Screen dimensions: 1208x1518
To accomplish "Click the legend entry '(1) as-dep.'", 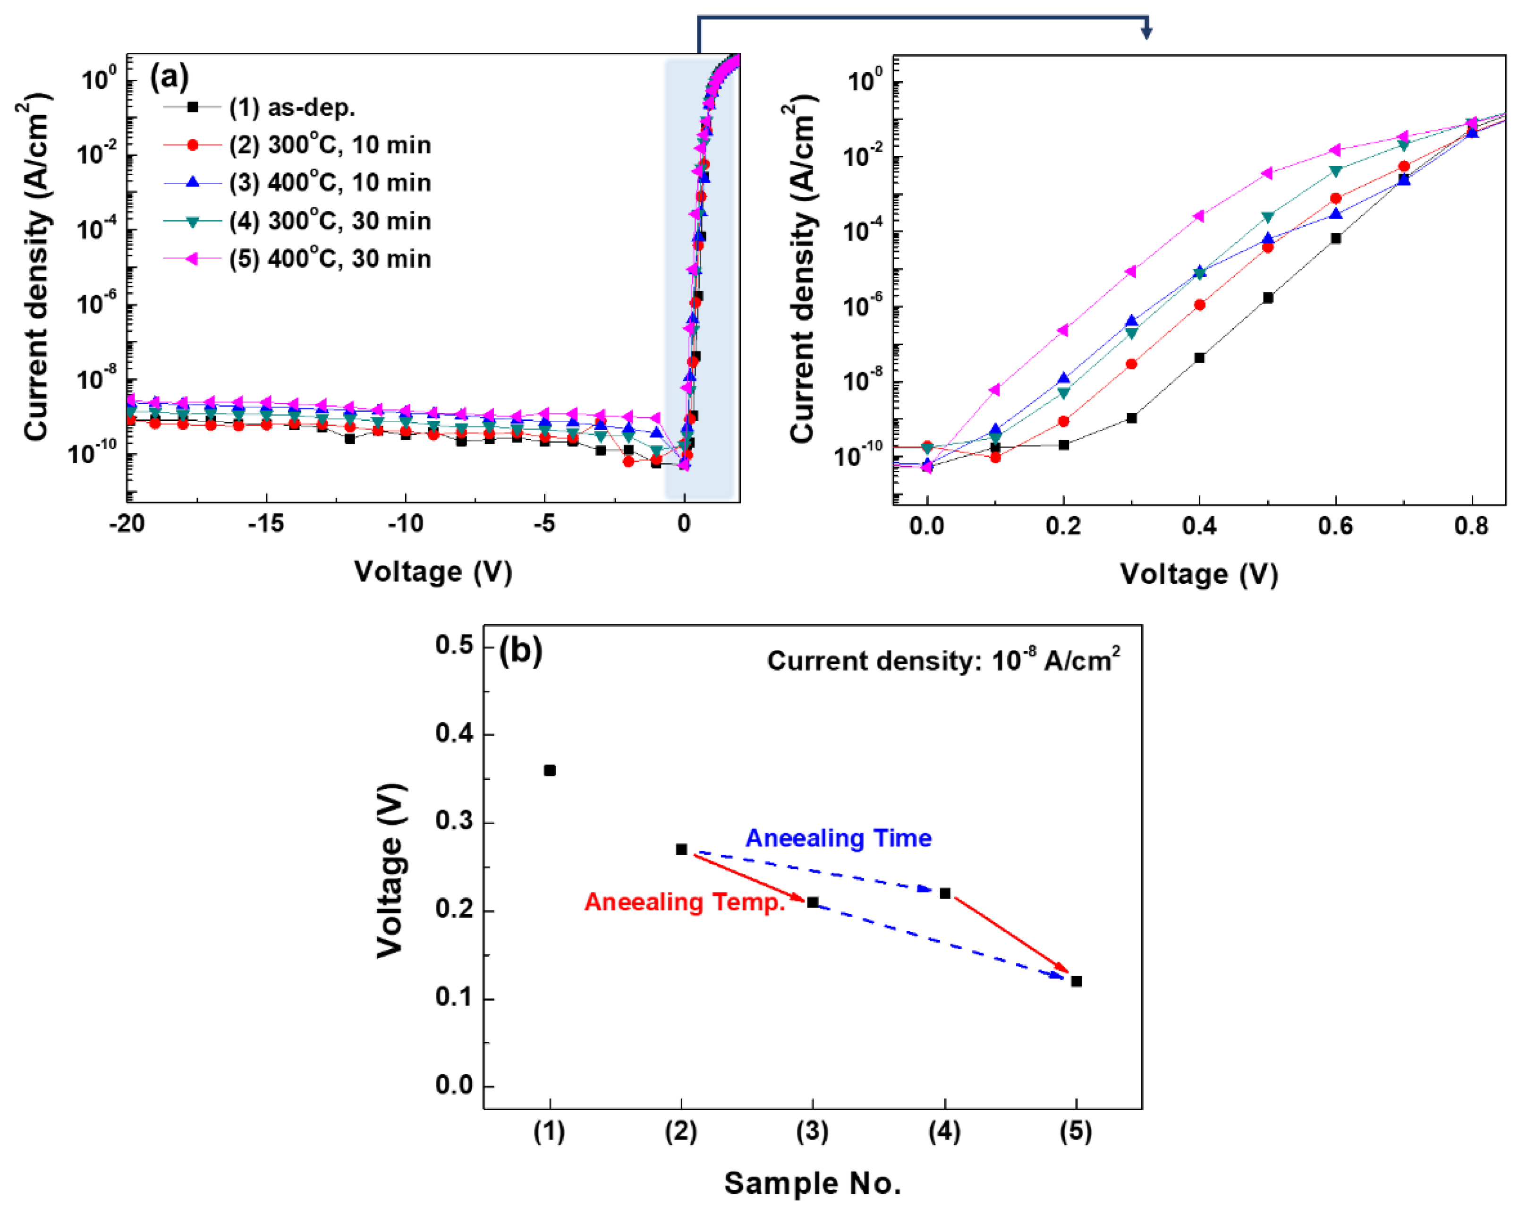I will [x=291, y=107].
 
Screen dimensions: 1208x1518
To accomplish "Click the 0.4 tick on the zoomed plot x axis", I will [x=1199, y=526].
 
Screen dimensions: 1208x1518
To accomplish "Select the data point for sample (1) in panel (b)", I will [x=550, y=771].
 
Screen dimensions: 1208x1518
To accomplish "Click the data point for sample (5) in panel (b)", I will [x=1076, y=981].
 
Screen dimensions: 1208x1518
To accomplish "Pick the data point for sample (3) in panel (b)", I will [x=813, y=902].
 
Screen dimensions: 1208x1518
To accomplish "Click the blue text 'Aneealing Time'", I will [x=839, y=838].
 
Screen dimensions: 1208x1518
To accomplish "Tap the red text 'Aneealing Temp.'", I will [x=684, y=902].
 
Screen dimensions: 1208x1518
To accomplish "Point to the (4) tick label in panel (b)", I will [x=944, y=1132].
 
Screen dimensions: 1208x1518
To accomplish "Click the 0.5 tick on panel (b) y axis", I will [x=454, y=645].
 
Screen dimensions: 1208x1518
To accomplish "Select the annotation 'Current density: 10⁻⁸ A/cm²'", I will [x=943, y=661].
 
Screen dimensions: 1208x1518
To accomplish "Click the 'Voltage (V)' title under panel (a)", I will [x=433, y=572].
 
